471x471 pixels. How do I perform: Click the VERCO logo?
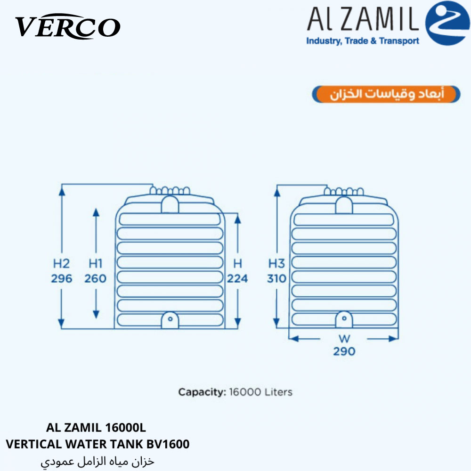point(68,26)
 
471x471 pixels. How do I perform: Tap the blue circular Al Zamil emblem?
point(447,23)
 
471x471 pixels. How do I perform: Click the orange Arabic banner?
point(386,94)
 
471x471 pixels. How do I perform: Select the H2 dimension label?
point(61,264)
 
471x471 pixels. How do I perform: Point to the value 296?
point(62,279)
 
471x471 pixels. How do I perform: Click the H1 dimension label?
point(96,264)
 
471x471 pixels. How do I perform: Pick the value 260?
point(95,279)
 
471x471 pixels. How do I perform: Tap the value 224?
point(237,279)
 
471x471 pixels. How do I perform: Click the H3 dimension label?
point(276,264)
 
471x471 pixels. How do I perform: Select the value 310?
point(276,279)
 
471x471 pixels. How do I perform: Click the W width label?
point(344,339)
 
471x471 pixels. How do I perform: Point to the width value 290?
point(344,351)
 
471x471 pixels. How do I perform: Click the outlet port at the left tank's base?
point(170,320)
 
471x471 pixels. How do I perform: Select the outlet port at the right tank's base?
point(344,319)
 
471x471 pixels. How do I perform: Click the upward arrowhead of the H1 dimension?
point(96,212)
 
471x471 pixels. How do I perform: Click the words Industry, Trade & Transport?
point(363,41)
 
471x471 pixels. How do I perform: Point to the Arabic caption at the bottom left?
point(97,462)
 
